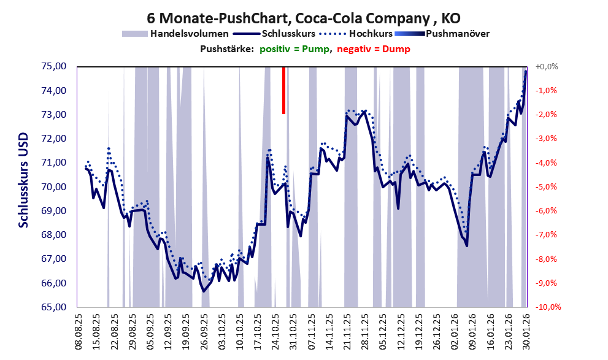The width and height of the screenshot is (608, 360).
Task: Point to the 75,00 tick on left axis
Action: click(x=54, y=66)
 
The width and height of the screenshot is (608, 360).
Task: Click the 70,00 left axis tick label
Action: click(x=54, y=186)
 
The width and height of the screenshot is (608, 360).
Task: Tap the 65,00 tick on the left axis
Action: click(x=54, y=307)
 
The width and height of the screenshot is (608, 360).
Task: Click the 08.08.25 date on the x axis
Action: click(x=79, y=332)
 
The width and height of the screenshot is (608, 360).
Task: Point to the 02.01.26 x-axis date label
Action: click(x=455, y=332)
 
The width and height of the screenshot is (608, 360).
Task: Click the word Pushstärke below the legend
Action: click(x=226, y=49)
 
